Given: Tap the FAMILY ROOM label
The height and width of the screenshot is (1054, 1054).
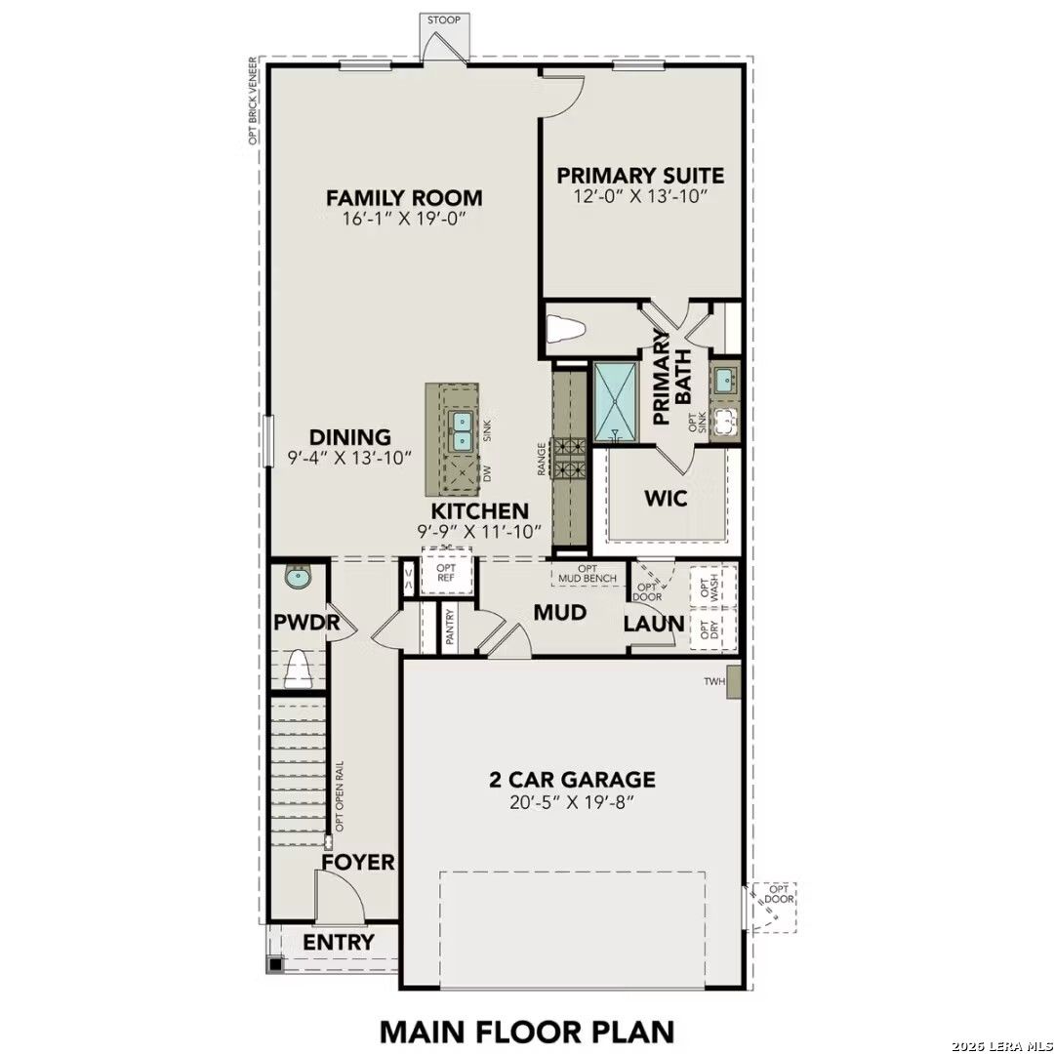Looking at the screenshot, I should (404, 198).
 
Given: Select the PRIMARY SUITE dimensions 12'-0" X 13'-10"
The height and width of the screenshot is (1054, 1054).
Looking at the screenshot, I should (640, 196).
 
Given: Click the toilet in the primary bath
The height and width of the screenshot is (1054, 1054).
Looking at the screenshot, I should (565, 330).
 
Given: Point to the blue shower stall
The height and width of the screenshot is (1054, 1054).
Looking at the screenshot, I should (615, 401).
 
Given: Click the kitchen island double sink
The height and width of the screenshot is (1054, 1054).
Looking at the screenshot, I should (461, 430).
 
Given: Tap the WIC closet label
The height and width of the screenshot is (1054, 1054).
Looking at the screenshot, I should (666, 499).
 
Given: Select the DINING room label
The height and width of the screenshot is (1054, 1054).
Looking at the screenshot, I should (349, 438).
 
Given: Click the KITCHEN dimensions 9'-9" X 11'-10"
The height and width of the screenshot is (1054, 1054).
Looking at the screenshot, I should (479, 532).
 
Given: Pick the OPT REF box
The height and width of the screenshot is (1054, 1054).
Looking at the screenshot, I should (446, 574).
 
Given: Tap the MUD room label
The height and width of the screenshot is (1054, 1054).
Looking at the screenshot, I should (559, 613).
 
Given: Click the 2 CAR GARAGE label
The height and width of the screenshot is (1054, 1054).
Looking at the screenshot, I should (572, 780).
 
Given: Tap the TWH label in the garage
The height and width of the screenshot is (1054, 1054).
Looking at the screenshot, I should (715, 682).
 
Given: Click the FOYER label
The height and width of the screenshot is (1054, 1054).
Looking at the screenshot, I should (358, 863).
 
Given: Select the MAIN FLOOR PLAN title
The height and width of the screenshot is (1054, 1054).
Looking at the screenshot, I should (526, 1031).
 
